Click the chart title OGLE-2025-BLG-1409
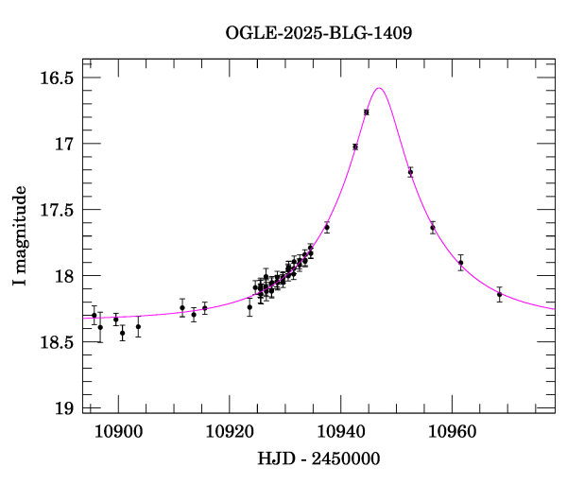coord(318,32)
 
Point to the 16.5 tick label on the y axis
coord(55,78)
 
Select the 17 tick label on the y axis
coord(63,144)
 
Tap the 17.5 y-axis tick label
coord(55,210)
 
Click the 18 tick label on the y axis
coord(63,276)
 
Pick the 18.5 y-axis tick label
coord(55,342)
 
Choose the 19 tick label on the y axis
coord(63,408)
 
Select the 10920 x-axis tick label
coord(230,431)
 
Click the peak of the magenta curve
coord(378,88)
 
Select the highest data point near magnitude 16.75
coord(366,112)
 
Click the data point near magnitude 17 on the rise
coord(354,147)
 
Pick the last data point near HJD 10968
coord(499,294)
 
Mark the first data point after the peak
coord(410,172)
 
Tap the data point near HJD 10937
coord(326,227)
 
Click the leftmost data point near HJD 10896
coord(94,315)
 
